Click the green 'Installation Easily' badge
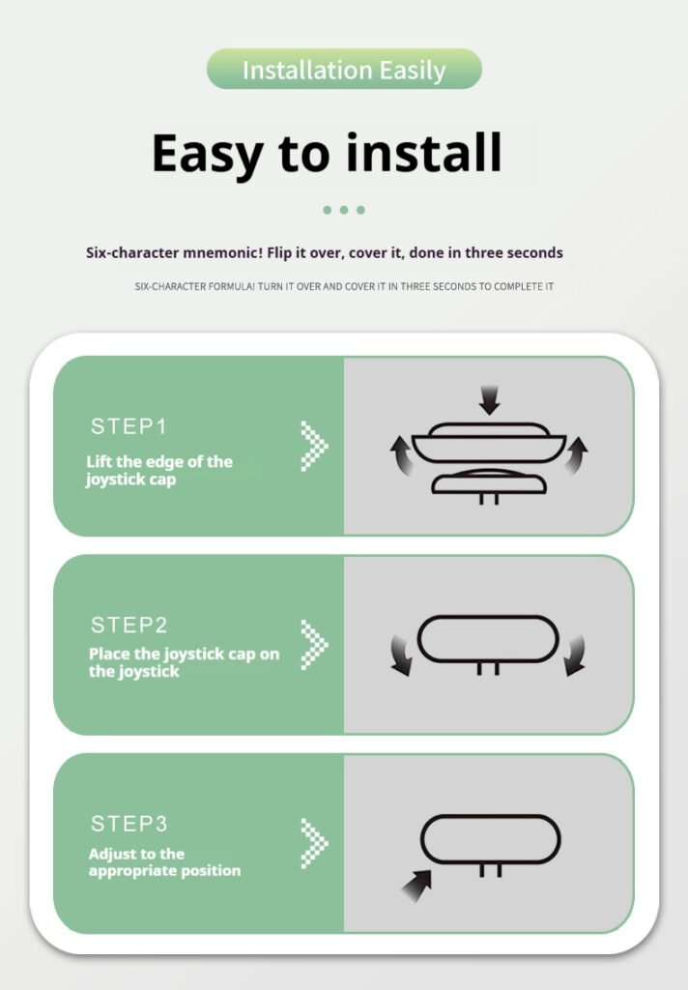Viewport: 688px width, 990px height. [x=344, y=69]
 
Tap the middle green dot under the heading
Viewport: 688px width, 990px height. [x=344, y=210]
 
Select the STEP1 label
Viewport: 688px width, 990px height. [x=129, y=426]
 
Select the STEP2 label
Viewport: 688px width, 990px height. [x=129, y=626]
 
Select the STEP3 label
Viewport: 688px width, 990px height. [x=129, y=824]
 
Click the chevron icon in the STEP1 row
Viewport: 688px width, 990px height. [x=314, y=446]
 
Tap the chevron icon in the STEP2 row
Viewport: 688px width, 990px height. [x=314, y=645]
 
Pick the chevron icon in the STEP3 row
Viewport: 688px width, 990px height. [x=314, y=843]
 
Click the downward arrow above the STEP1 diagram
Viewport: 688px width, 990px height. [x=489, y=399]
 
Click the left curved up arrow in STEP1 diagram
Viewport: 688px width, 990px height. [x=400, y=454]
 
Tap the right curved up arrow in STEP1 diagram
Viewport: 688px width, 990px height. [x=576, y=454]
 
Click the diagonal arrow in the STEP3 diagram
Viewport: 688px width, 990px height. [x=417, y=886]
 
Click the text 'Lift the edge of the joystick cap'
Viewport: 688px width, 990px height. [x=159, y=471]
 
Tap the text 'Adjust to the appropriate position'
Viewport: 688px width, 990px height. [x=164, y=861]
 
